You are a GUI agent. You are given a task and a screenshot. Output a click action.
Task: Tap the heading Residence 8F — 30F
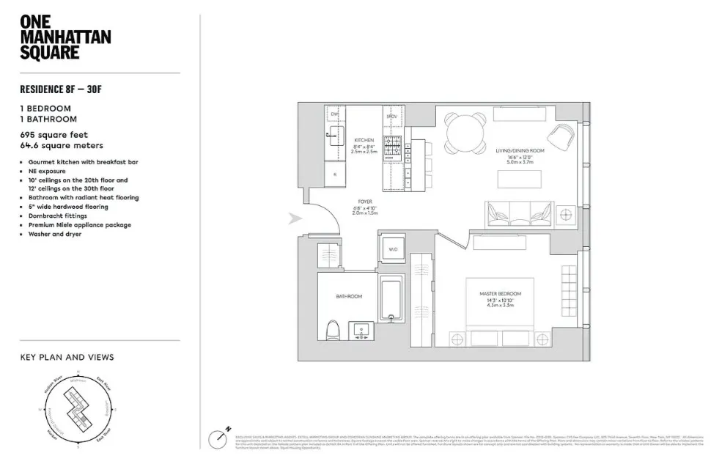[65, 91]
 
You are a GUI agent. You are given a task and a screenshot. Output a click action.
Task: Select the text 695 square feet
[54, 135]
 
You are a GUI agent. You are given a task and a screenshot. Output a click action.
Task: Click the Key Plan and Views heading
[67, 358]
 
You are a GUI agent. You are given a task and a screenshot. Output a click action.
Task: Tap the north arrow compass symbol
[218, 438]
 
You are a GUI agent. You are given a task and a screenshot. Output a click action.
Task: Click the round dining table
[465, 133]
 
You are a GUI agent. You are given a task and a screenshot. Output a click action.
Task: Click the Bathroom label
[349, 297]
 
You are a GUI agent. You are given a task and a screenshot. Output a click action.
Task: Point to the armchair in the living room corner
[562, 135]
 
